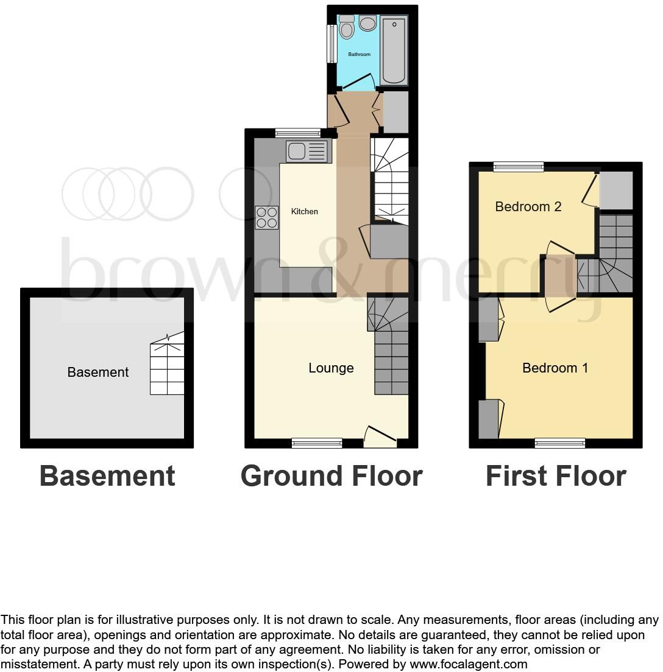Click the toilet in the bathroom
[x=347, y=27]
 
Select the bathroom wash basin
[x=367, y=24]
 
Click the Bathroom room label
[x=359, y=54]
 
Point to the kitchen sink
[x=308, y=151]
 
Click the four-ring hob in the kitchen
[x=266, y=218]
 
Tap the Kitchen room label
[x=305, y=211]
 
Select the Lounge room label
[x=331, y=368]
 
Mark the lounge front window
[x=317, y=443]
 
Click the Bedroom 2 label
[x=528, y=206]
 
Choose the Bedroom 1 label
[x=555, y=368]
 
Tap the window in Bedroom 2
[x=518, y=166]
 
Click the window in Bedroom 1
[x=559, y=443]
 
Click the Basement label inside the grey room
[x=98, y=372]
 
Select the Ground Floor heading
[x=331, y=476]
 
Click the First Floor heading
[x=556, y=476]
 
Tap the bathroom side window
[x=332, y=43]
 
